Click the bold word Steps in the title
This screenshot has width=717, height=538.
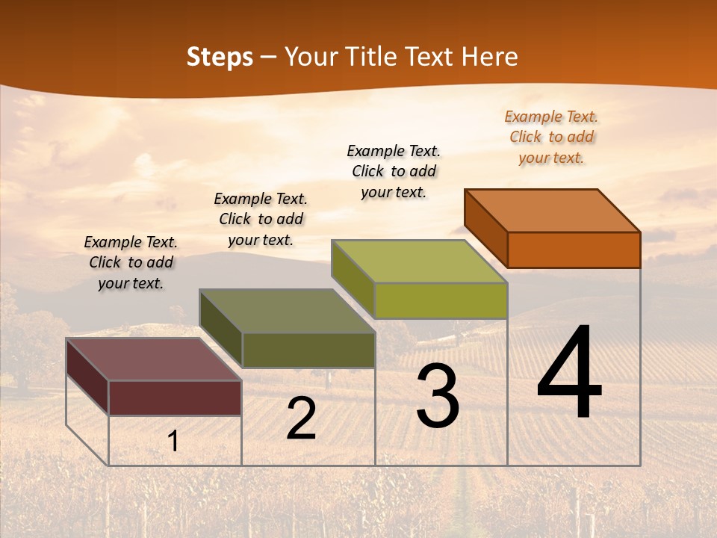pyautogui.click(x=220, y=57)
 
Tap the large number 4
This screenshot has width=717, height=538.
pyautogui.click(x=569, y=374)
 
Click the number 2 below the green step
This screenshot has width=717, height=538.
pyautogui.click(x=301, y=419)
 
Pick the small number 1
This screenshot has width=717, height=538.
pyautogui.click(x=173, y=442)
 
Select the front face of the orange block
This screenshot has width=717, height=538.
pyautogui.click(x=574, y=250)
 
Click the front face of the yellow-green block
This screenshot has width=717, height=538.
pyautogui.click(x=441, y=301)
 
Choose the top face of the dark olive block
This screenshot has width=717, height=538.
pyautogui.click(x=287, y=312)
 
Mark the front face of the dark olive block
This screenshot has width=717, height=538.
pyautogui.click(x=308, y=350)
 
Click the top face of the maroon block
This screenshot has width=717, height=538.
pyautogui.click(x=154, y=359)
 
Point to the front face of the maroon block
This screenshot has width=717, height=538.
pyautogui.click(x=175, y=398)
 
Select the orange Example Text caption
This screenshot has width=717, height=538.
pyautogui.click(x=551, y=137)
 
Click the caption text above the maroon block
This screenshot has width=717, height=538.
pyautogui.click(x=131, y=262)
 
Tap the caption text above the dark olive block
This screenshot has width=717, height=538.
pyautogui.click(x=261, y=219)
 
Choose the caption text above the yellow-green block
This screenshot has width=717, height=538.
pyautogui.click(x=394, y=171)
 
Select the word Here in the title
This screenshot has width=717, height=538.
pyautogui.click(x=490, y=57)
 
